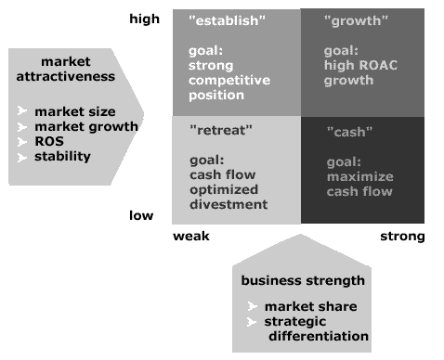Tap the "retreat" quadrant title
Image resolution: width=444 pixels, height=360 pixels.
point(217,131)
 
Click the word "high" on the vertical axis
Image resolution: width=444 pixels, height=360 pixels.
point(144,19)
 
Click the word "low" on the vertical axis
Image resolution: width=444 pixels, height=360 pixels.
point(141,216)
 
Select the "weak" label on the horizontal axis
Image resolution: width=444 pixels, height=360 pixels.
point(191,237)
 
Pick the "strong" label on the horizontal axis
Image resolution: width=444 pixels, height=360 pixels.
point(402,237)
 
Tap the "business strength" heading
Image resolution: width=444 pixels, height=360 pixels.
point(303,281)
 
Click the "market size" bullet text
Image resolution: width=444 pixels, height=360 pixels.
point(75,112)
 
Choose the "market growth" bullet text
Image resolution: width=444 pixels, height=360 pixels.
point(86,127)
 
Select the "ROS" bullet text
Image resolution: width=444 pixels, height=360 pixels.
point(48,142)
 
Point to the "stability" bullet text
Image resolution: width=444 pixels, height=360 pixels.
point(62,156)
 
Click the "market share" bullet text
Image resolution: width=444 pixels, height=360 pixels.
point(310,307)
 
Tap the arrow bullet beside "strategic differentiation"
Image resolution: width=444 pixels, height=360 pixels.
point(253,322)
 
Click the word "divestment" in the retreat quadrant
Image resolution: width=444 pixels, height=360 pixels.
point(228,205)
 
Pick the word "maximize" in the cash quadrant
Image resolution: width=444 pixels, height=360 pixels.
point(360,177)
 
